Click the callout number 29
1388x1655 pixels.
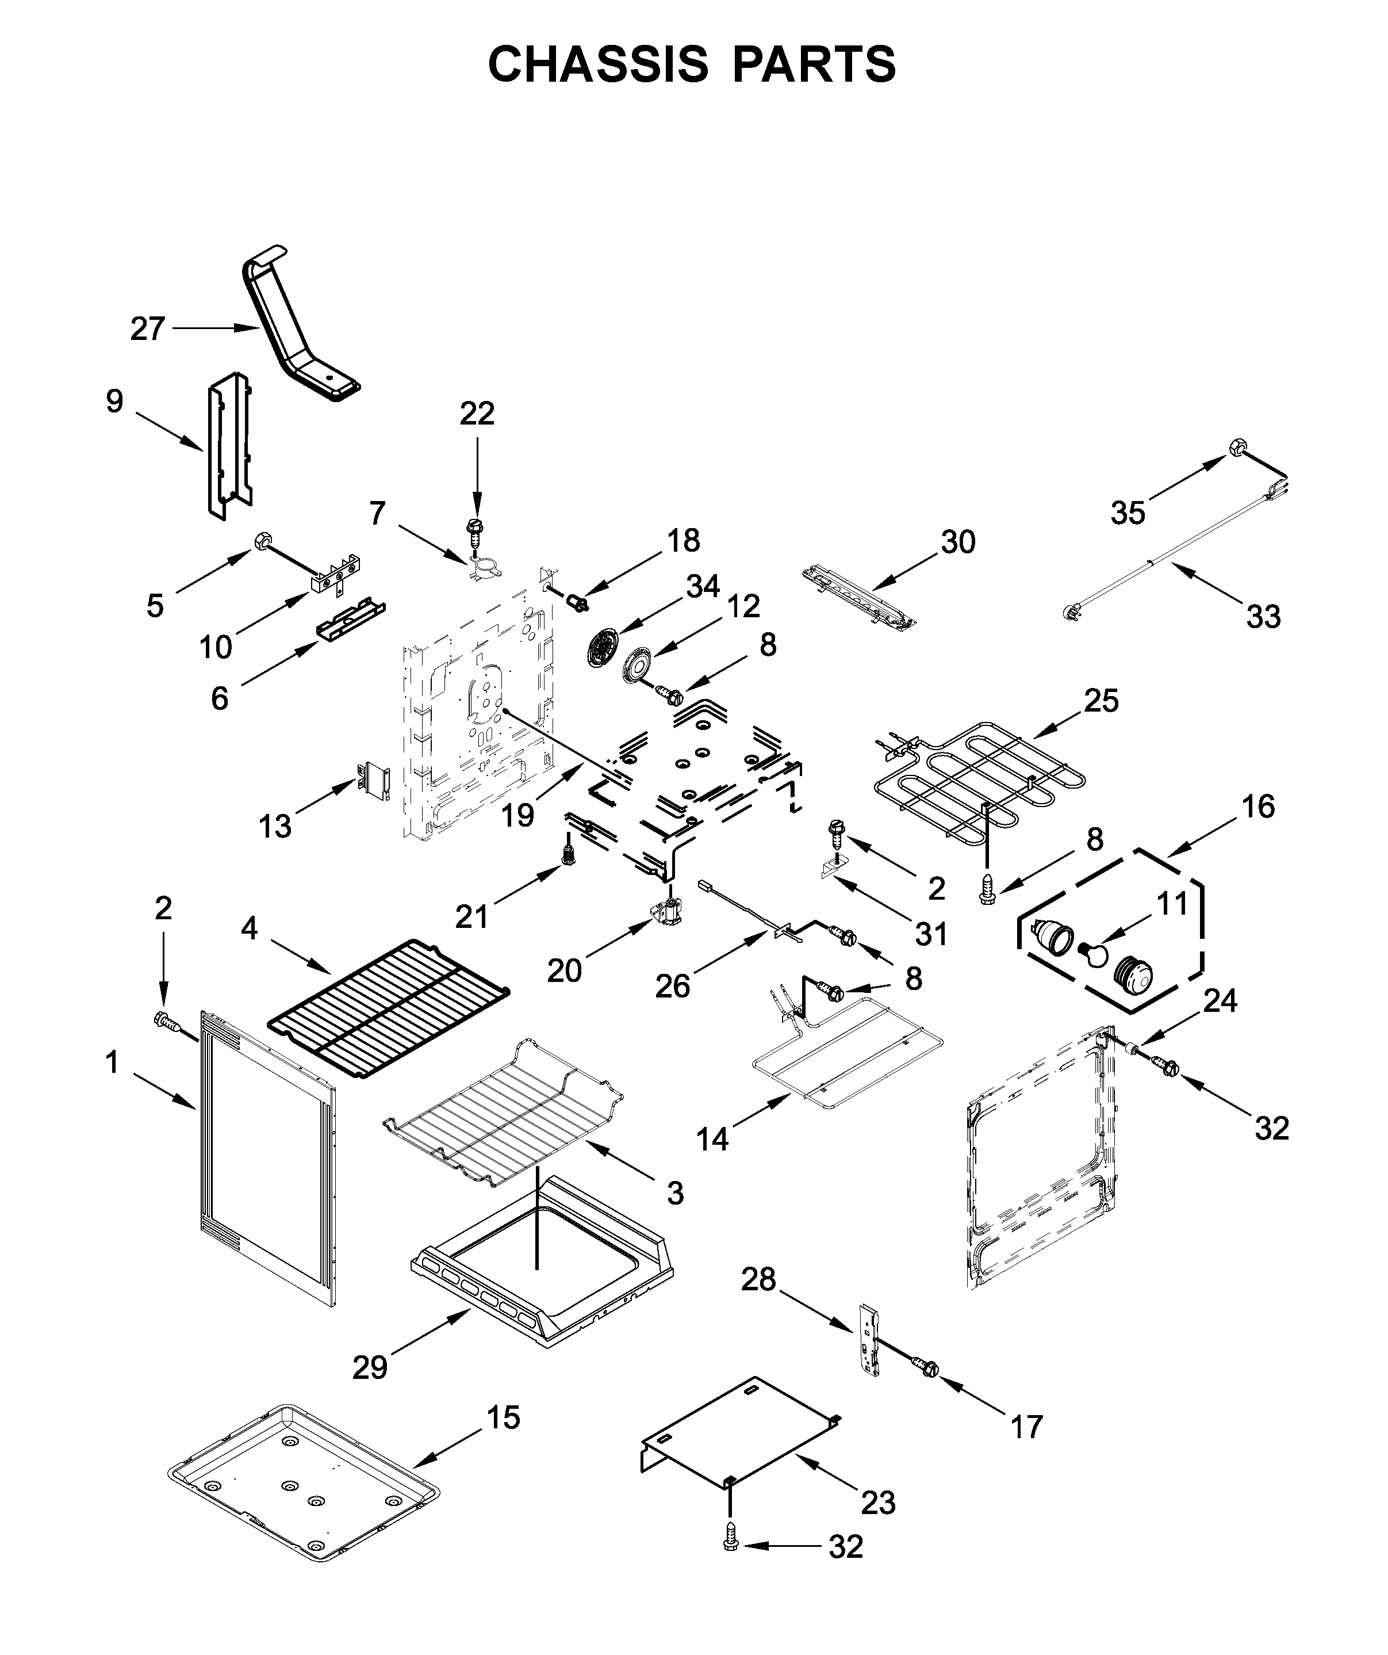(370, 1368)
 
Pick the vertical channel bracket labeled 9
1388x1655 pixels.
(229, 446)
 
